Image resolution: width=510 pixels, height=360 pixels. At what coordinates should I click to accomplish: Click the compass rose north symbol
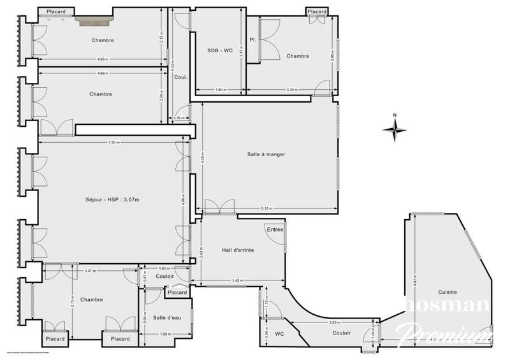[395, 129]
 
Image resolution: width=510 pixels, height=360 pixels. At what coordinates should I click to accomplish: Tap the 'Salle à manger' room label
[266, 154]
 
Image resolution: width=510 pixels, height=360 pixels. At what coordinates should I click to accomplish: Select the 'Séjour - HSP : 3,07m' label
[113, 199]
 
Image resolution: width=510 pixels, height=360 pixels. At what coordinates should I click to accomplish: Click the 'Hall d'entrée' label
[238, 250]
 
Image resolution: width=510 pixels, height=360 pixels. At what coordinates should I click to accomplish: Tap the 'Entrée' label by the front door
[275, 229]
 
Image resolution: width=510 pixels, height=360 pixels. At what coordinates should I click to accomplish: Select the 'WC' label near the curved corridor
[279, 334]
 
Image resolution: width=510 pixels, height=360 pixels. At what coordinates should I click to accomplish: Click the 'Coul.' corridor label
[180, 77]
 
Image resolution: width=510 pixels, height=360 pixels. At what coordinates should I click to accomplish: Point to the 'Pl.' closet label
[253, 40]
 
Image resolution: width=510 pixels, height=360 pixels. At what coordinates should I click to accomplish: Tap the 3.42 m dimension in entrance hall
[237, 280]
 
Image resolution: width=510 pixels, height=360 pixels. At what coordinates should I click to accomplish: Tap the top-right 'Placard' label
[317, 11]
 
